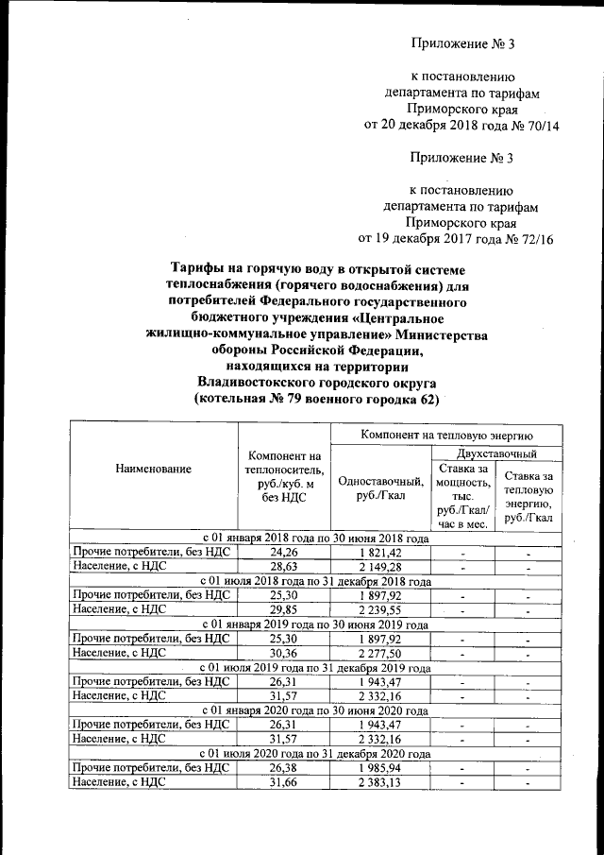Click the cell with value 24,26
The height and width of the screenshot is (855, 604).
(284, 552)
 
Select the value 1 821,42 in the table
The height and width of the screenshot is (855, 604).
(380, 552)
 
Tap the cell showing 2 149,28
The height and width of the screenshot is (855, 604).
(380, 567)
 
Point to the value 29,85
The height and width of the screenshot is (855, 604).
(284, 610)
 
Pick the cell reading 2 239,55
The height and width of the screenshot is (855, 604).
(380, 610)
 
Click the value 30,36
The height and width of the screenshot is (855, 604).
(284, 654)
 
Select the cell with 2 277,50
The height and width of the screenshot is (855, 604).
(380, 654)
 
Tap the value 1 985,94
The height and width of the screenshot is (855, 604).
(380, 768)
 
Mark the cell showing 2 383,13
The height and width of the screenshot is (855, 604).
(380, 783)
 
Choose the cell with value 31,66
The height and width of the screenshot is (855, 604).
(284, 783)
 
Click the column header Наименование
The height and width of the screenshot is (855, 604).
(154, 469)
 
